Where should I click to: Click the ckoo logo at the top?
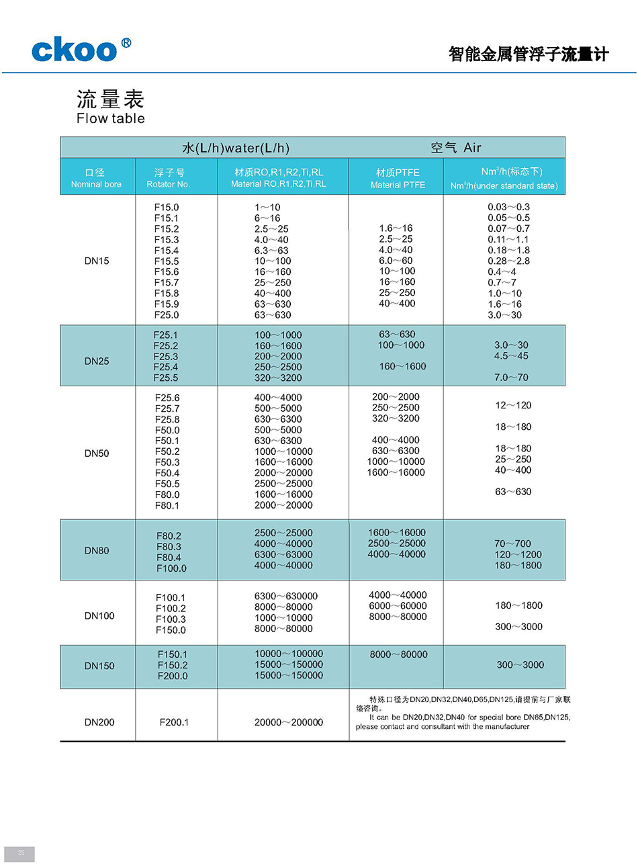pos(81,50)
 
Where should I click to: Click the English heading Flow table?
pos(110,118)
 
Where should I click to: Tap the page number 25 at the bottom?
pos(21,853)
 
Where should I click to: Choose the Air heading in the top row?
pos(472,147)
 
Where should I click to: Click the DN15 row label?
pos(97,261)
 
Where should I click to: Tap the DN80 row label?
pos(97,550)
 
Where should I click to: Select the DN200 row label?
pos(99,722)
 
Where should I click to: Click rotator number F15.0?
pos(167,208)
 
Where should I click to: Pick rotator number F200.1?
pos(174,722)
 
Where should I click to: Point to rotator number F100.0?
pos(171,568)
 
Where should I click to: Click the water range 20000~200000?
pos(289,722)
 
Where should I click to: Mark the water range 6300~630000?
pos(286,596)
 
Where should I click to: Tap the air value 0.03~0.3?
pos(508,207)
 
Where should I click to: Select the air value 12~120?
pos(513,405)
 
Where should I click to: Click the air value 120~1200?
pos(518,554)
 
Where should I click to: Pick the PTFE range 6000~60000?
pos(398,605)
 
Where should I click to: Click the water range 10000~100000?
pos(289,654)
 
